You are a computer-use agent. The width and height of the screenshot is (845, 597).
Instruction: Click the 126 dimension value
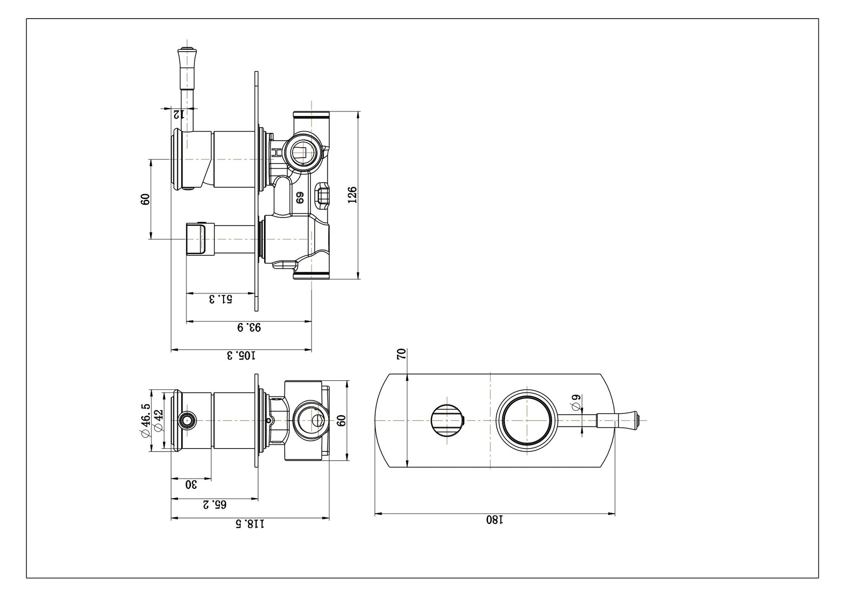point(352,195)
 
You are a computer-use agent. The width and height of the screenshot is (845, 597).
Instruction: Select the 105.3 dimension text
point(241,356)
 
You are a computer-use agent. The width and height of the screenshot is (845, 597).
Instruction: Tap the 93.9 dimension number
point(249,327)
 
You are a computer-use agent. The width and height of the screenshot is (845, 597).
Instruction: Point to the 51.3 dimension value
point(221,299)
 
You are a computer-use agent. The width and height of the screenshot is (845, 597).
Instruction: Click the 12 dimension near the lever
point(179,115)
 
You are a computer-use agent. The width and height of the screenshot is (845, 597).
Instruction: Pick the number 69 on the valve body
point(300,198)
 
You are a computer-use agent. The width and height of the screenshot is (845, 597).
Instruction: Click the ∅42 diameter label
point(158,420)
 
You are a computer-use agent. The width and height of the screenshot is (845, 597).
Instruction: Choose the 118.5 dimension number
point(250,524)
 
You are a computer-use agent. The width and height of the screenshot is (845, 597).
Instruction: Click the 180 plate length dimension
point(495,520)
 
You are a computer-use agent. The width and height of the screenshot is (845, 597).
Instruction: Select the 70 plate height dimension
point(402,353)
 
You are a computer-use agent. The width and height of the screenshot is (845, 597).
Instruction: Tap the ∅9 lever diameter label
point(576,402)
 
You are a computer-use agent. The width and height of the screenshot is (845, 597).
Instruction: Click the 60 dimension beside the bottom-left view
point(341,420)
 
